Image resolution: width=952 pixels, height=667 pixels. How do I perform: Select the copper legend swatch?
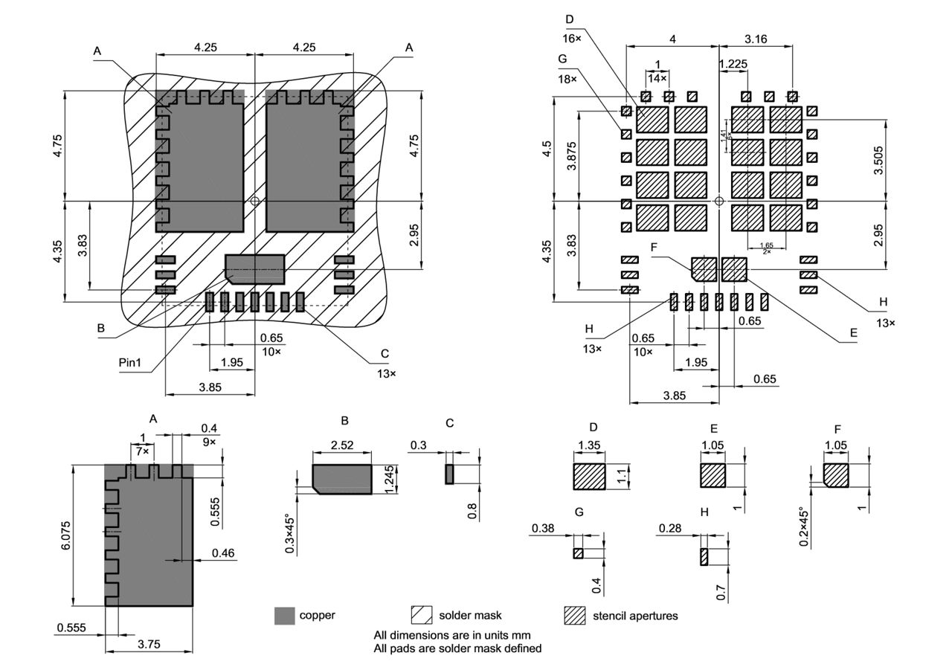(x=284, y=615)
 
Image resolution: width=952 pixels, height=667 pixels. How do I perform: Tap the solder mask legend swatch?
(x=421, y=615)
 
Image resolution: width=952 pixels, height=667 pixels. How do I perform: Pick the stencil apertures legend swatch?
(x=575, y=615)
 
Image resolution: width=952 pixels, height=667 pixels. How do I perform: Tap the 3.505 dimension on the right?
(x=879, y=160)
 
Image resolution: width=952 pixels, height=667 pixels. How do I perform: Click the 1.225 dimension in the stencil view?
(x=733, y=65)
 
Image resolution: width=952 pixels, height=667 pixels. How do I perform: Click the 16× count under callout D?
(x=573, y=37)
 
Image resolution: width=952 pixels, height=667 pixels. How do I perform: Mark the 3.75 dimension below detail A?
(x=149, y=645)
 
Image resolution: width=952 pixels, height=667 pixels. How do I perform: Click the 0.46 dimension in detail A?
(x=223, y=552)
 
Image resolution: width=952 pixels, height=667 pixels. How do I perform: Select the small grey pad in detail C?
(x=449, y=474)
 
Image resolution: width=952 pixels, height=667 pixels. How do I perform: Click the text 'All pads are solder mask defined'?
(x=457, y=648)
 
